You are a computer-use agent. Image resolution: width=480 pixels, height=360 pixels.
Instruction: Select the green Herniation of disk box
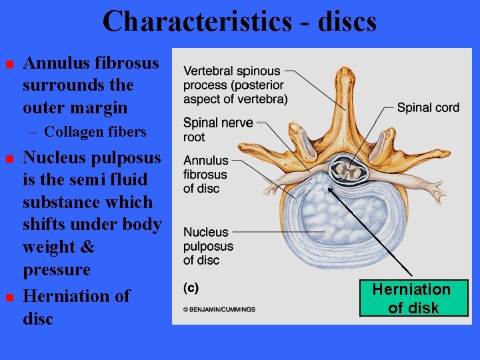(x=411, y=298)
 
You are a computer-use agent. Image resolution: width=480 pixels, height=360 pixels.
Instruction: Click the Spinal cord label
(x=428, y=108)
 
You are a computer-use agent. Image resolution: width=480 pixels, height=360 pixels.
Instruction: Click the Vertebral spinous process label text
(x=235, y=85)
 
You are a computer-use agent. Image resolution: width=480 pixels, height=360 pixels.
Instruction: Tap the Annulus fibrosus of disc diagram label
(x=205, y=175)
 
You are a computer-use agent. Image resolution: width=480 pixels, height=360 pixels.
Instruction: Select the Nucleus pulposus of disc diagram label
(x=207, y=246)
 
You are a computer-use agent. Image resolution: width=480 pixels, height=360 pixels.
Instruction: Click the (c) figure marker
(x=191, y=289)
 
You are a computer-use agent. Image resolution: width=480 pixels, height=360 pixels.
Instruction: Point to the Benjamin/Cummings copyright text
(x=219, y=309)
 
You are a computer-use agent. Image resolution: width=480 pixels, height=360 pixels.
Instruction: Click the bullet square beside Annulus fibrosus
(x=9, y=65)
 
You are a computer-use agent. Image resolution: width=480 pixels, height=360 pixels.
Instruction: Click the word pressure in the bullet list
(x=56, y=270)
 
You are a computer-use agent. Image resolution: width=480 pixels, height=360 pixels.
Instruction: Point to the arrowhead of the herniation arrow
(x=328, y=189)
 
